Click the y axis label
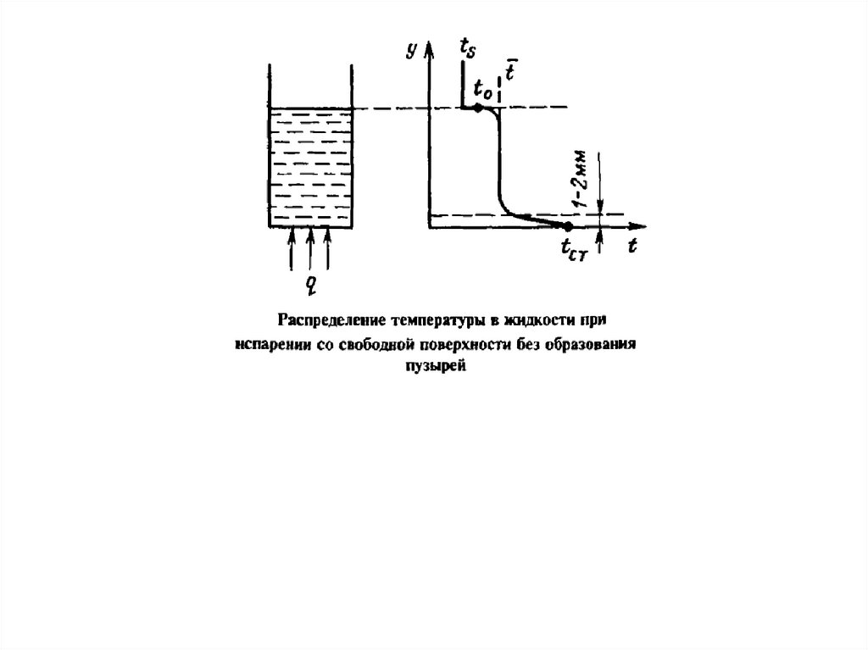point(411,51)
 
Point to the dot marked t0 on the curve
point(479,108)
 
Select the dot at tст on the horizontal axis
point(568,225)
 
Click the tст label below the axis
point(574,248)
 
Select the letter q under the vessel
point(311,283)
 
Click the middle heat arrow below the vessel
point(310,248)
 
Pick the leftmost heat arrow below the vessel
point(292,248)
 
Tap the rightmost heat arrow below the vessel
point(329,248)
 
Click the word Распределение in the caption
point(326,320)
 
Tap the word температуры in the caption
point(432,320)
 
